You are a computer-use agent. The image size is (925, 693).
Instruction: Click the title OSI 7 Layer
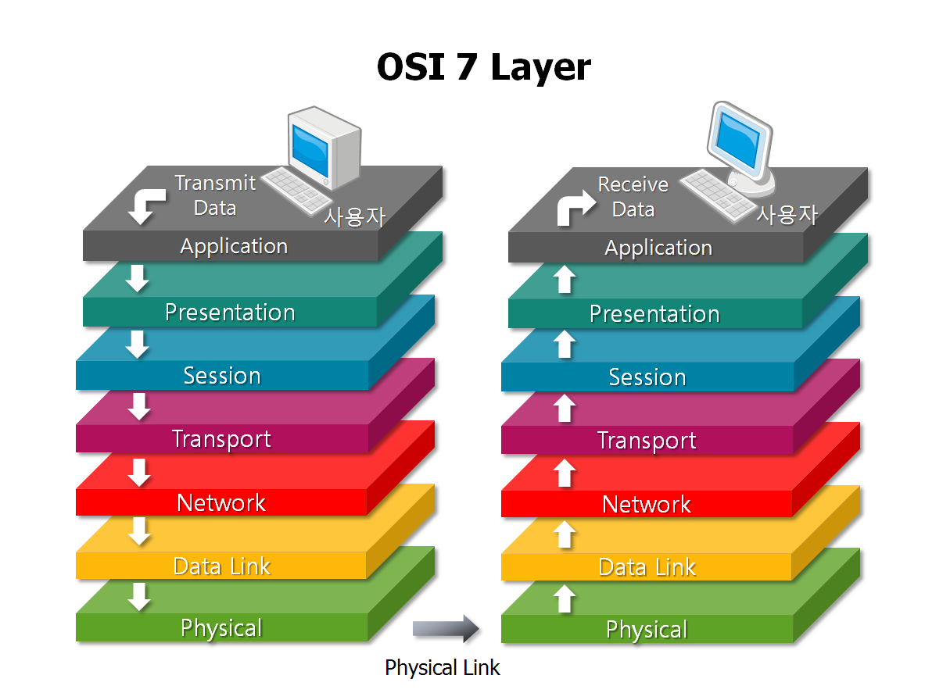click(x=483, y=67)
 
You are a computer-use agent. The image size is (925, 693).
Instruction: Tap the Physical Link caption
click(x=442, y=668)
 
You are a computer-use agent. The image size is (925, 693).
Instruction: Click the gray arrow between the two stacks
click(x=445, y=627)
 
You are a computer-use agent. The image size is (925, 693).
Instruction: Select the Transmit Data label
click(x=215, y=195)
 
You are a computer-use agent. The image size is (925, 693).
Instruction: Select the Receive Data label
click(x=633, y=197)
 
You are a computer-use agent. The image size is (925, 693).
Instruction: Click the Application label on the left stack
click(x=234, y=246)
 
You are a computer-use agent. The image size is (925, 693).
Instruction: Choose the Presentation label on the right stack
click(x=654, y=314)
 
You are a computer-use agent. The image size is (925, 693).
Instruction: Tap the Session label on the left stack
click(x=222, y=376)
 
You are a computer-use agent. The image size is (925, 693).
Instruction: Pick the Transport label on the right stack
click(x=647, y=441)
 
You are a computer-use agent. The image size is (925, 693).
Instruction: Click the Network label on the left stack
click(x=221, y=502)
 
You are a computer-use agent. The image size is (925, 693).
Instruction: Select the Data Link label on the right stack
click(x=647, y=567)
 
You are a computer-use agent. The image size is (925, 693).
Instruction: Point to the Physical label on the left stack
click(x=221, y=628)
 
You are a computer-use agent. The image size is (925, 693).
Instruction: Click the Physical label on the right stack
click(x=647, y=630)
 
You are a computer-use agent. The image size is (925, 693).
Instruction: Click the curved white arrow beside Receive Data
click(x=572, y=209)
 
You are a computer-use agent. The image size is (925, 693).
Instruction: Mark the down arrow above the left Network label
click(x=139, y=471)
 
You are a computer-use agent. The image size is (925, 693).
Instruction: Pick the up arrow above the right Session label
click(x=565, y=344)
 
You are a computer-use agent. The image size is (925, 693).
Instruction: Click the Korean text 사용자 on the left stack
click(x=355, y=215)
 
